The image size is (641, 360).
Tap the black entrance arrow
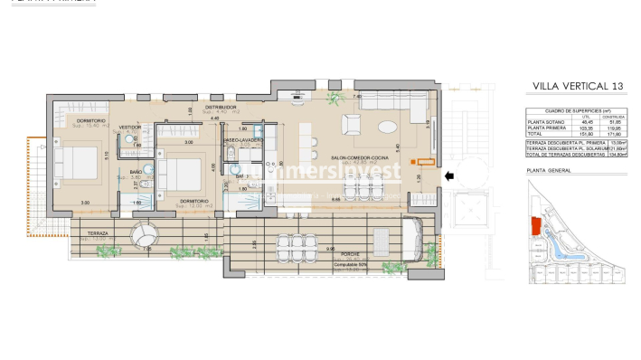click(x=450, y=179)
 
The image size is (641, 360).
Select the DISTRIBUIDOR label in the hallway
click(x=220, y=107)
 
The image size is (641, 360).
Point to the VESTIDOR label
click(x=130, y=128)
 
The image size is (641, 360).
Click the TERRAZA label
click(x=98, y=233)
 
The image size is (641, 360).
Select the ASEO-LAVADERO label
click(x=244, y=141)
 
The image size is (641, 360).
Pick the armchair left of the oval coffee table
click(x=353, y=127)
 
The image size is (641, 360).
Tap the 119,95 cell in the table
click(x=617, y=128)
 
